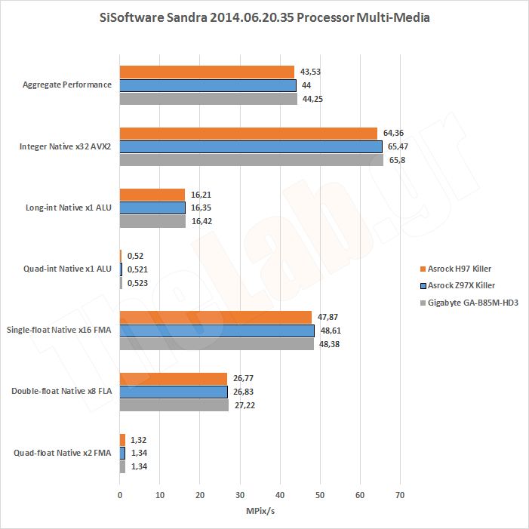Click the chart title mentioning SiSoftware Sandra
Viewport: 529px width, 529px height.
[264, 17]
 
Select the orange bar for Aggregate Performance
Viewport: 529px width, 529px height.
[207, 72]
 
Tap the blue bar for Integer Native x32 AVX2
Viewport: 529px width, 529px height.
[251, 146]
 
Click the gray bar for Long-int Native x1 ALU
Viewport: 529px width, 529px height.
[152, 221]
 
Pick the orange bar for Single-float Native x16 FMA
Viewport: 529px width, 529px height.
[216, 317]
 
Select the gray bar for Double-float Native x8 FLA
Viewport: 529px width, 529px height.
[174, 405]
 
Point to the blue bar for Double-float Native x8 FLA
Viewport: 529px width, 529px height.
[174, 392]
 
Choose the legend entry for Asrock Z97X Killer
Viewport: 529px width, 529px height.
[460, 285]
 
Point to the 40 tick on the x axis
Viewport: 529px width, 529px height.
[280, 495]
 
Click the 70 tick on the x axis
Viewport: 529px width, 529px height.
[400, 495]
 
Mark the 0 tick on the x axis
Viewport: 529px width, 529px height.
[120, 495]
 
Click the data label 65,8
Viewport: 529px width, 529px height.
[395, 160]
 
